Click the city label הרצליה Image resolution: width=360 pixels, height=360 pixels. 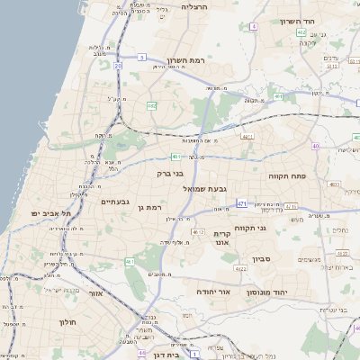tap(194, 6)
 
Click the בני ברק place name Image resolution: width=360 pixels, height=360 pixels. tap(170, 173)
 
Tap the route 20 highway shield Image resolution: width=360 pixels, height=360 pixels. tap(118, 66)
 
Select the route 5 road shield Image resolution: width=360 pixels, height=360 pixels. tap(142, 58)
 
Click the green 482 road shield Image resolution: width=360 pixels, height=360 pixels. tap(151, 106)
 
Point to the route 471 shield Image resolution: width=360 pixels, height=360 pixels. tap(242, 204)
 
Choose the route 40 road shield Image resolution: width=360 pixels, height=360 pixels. tap(315, 145)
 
